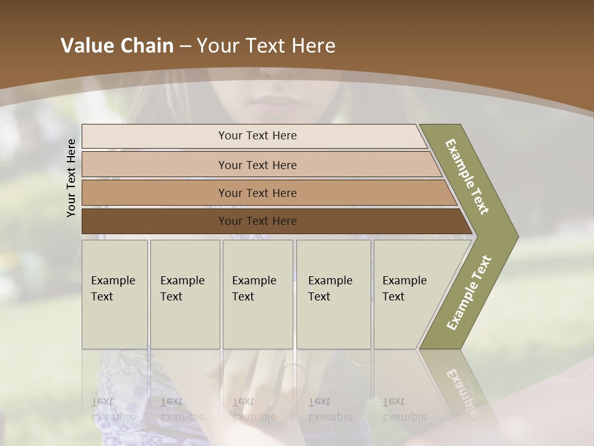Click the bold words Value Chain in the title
tap(117, 46)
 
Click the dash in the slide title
tap(185, 46)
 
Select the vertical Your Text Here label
tap(71, 178)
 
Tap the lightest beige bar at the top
tap(257, 136)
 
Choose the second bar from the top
tap(257, 165)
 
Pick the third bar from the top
tap(257, 193)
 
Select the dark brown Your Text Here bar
tap(257, 221)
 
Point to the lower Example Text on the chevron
tap(469, 292)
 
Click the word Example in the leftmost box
tap(113, 281)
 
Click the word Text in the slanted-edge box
tap(393, 297)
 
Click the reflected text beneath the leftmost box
tap(113, 409)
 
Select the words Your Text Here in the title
tap(266, 46)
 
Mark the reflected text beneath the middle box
tap(254, 409)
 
